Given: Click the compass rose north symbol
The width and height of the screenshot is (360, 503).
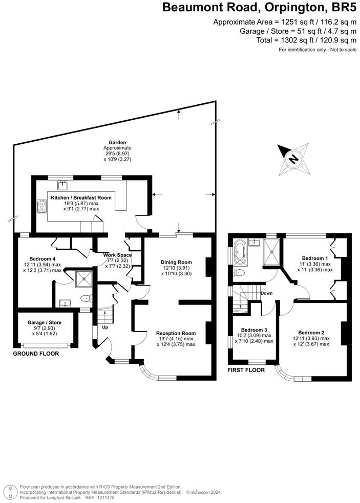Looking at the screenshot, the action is [293, 159].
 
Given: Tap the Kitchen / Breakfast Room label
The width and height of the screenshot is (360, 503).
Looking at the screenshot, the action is [81, 197].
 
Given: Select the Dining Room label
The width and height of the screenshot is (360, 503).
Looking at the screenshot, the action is [177, 261].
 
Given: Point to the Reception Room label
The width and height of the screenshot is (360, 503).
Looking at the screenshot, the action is [176, 333].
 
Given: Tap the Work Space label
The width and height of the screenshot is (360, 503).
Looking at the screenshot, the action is [117, 255].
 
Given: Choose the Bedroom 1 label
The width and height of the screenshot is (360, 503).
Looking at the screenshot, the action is [315, 258].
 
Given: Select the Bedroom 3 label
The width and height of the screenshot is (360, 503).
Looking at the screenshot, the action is [254, 330].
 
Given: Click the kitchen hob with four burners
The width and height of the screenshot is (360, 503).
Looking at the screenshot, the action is [42, 206].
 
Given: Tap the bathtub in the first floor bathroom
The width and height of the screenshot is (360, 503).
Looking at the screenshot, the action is [239, 253].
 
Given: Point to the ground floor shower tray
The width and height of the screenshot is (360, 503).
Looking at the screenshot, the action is [82, 279].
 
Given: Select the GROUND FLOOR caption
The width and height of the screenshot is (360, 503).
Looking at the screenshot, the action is [35, 354].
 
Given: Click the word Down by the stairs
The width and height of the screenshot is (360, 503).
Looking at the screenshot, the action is [266, 293].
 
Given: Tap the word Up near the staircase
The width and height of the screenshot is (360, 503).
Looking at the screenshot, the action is [105, 327].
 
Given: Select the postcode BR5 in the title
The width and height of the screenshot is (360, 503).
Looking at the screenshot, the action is [343, 8].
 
